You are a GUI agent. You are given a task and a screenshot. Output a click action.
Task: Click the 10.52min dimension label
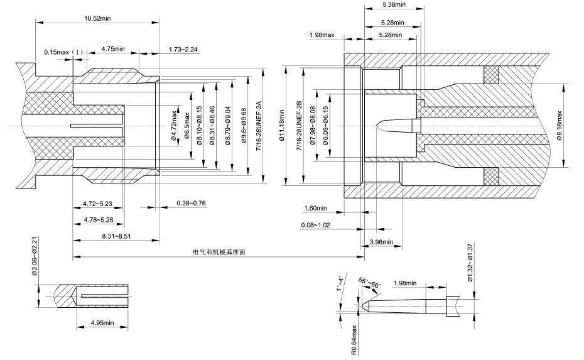point(97,18)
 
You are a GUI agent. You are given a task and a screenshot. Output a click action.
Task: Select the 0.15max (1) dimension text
point(63,52)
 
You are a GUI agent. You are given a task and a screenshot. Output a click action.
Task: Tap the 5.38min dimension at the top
point(392,4)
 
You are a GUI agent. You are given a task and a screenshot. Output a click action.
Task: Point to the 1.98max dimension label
point(321,35)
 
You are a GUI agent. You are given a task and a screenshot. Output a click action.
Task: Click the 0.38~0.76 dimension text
point(174,204)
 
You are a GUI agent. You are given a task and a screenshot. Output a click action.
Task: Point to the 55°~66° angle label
point(369,282)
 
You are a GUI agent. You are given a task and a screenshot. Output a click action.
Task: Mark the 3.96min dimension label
point(381,242)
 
